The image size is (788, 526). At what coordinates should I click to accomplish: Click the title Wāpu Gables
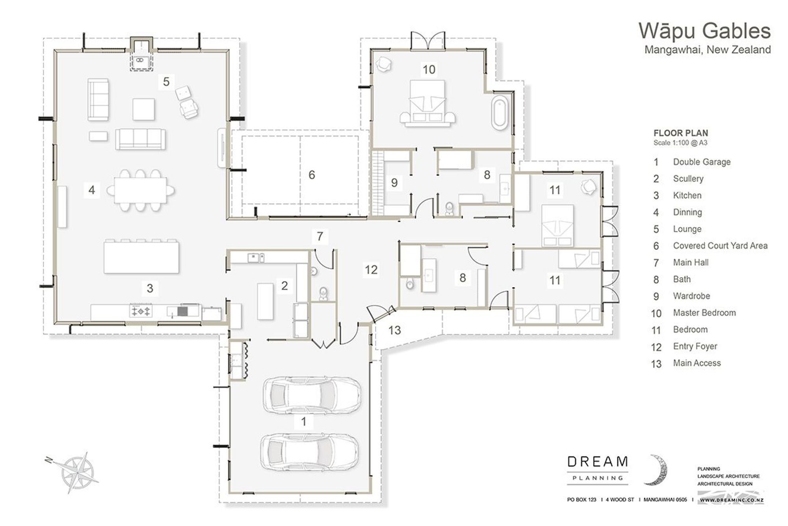click(x=704, y=31)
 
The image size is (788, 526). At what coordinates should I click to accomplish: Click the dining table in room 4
click(x=141, y=190)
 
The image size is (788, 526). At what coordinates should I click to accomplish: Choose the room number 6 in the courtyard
click(x=312, y=175)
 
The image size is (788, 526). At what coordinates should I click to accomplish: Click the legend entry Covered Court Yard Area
click(x=720, y=246)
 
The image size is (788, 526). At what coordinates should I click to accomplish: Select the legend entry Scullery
click(x=688, y=179)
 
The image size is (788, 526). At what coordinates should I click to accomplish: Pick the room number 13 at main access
click(x=394, y=330)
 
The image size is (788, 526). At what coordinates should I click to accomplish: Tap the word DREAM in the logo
click(x=598, y=462)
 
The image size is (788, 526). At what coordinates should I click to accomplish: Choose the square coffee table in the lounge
click(x=143, y=109)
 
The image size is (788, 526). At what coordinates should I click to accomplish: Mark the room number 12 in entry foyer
click(x=371, y=270)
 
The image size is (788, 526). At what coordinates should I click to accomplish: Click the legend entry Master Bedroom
click(x=704, y=313)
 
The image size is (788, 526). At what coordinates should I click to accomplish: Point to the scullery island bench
click(x=265, y=301)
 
